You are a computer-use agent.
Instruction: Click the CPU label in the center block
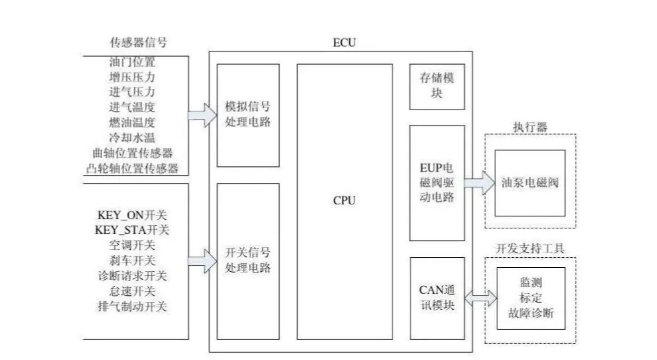pyautogui.click(x=345, y=200)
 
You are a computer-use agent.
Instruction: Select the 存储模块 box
pyautogui.click(x=437, y=87)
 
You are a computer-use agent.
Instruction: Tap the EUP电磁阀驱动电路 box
pyautogui.click(x=437, y=182)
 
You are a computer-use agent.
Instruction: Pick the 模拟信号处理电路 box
pyautogui.click(x=248, y=115)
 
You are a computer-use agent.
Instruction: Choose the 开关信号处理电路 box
pyautogui.click(x=248, y=261)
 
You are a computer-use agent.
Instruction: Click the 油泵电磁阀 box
pyautogui.click(x=529, y=182)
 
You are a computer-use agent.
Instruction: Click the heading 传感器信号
pyautogui.click(x=138, y=43)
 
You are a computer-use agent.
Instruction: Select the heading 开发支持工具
pyautogui.click(x=529, y=248)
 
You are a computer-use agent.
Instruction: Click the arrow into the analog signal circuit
pyautogui.click(x=201, y=115)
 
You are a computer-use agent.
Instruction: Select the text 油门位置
pyautogui.click(x=132, y=62)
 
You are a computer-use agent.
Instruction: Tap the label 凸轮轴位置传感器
pyautogui.click(x=133, y=168)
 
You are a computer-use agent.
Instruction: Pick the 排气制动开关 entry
pyautogui.click(x=133, y=307)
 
